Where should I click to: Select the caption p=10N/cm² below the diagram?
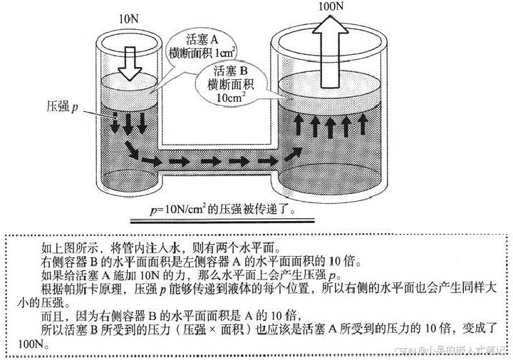pos(222,211)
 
